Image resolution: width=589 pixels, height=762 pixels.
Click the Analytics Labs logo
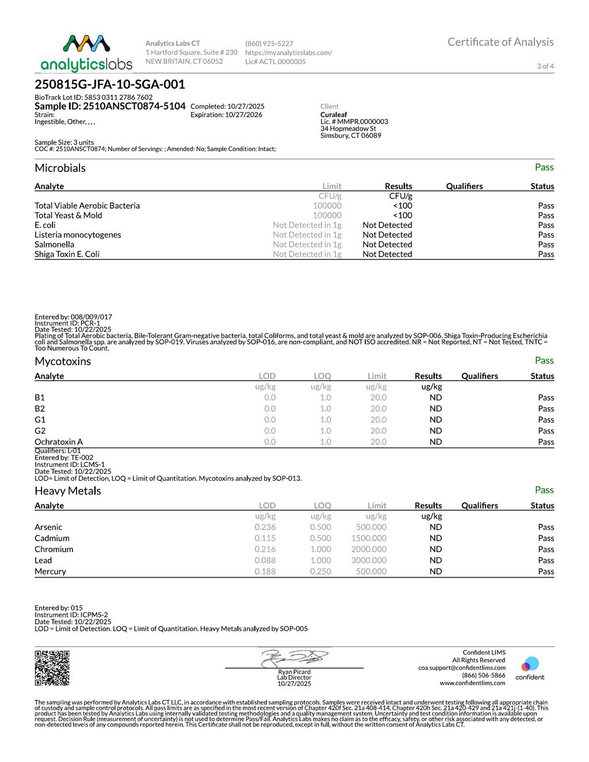coord(86,53)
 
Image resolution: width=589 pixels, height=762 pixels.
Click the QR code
coord(52,668)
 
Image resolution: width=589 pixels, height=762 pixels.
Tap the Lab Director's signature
coord(294,657)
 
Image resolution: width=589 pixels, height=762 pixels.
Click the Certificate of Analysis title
coord(500,42)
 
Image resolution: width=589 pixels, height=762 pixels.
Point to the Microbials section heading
coord(60,168)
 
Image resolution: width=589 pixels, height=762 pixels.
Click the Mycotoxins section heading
coord(63,361)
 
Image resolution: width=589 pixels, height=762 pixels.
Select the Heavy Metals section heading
coord(67,491)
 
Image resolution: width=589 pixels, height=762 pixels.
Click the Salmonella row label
coord(54,244)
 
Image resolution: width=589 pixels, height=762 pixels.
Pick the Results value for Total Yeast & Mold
coord(402,215)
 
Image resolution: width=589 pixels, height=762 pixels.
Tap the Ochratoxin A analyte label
coord(59,442)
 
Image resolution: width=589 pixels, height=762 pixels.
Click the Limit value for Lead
coord(369,560)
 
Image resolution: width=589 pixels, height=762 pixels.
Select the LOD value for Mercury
coord(265,571)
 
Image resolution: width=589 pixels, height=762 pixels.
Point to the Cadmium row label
coord(52,538)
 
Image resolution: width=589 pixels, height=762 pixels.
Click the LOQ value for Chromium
coord(320,549)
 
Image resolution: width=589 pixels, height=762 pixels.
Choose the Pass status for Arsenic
coord(546,527)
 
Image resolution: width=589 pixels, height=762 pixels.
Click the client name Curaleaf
coord(334,114)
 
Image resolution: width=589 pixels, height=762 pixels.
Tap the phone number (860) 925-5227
coord(269,44)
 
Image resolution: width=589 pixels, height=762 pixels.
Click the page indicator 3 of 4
coord(545,66)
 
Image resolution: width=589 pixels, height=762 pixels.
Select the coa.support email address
coord(461,668)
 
